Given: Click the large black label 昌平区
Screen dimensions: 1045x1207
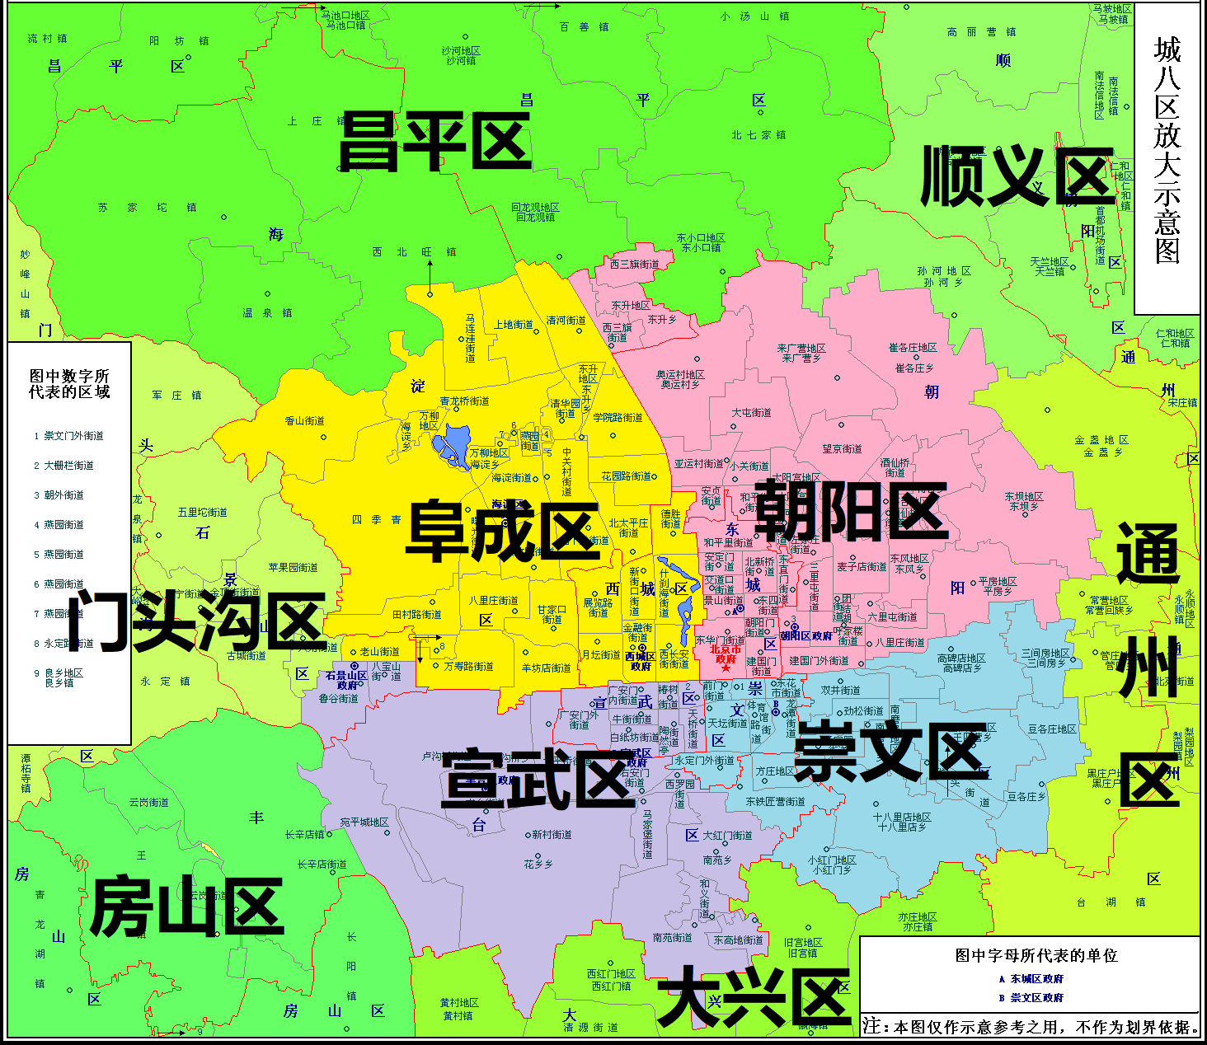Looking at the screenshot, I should [x=434, y=142].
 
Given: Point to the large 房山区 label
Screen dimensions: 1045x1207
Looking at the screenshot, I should [x=187, y=907].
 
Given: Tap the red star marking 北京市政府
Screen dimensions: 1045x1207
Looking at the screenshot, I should [x=726, y=668].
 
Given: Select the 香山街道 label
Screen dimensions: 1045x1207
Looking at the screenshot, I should [x=305, y=421].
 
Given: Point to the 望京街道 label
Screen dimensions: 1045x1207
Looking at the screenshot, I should [x=842, y=449].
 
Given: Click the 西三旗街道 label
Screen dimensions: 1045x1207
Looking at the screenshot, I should [x=634, y=265].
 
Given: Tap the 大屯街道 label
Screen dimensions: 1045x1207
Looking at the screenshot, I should [x=751, y=413].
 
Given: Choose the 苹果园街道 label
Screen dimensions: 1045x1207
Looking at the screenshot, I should [x=293, y=568].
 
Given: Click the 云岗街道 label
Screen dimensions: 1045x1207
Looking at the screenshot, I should [x=148, y=802].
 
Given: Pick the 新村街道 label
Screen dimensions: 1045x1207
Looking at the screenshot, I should [x=552, y=835].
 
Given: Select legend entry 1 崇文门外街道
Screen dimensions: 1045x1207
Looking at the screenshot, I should [x=69, y=436].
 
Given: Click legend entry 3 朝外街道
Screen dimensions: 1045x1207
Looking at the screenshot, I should [x=59, y=495].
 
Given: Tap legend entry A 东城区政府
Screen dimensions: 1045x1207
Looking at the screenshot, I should [x=1031, y=979].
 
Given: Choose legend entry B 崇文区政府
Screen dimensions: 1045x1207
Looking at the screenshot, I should [x=1031, y=997].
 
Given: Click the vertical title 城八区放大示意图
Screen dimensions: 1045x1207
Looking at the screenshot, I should [x=1167, y=150].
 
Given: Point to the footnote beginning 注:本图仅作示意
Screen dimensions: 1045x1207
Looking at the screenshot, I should [x=1030, y=1027].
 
